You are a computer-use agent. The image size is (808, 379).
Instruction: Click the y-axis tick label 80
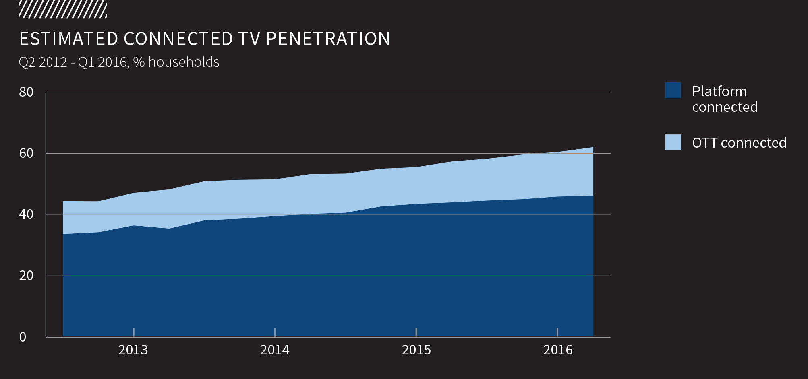(26, 92)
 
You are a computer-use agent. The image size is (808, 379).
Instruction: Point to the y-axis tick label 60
(26, 153)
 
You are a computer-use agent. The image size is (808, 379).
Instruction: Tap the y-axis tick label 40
(26, 214)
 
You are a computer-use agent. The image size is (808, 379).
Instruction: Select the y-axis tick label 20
(26, 276)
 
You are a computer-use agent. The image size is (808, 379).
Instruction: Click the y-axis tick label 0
(23, 337)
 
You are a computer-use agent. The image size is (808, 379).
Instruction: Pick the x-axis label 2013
(133, 350)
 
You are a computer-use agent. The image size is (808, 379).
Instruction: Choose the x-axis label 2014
(275, 350)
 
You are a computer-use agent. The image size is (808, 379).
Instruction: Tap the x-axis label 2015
(416, 350)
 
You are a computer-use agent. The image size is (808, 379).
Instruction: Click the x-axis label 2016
(558, 350)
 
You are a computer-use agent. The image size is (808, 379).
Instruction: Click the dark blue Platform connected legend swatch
(673, 91)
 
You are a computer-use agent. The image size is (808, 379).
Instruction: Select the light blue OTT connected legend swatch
(673, 142)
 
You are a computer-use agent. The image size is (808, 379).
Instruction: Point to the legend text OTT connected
(739, 143)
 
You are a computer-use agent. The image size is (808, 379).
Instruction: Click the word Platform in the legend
(719, 91)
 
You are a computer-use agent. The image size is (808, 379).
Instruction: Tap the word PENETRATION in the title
(328, 39)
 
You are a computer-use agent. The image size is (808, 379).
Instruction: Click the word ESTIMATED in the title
(68, 39)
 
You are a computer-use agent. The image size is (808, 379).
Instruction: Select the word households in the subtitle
(184, 62)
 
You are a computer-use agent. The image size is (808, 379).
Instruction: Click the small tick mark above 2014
(275, 332)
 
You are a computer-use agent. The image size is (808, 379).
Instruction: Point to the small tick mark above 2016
(557, 332)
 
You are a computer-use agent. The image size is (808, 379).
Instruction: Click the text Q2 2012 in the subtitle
(43, 62)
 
